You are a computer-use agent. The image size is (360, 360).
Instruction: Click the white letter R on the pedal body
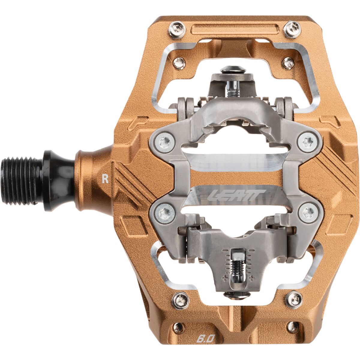[105, 179]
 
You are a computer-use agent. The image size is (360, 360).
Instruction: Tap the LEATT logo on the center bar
[236, 195]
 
